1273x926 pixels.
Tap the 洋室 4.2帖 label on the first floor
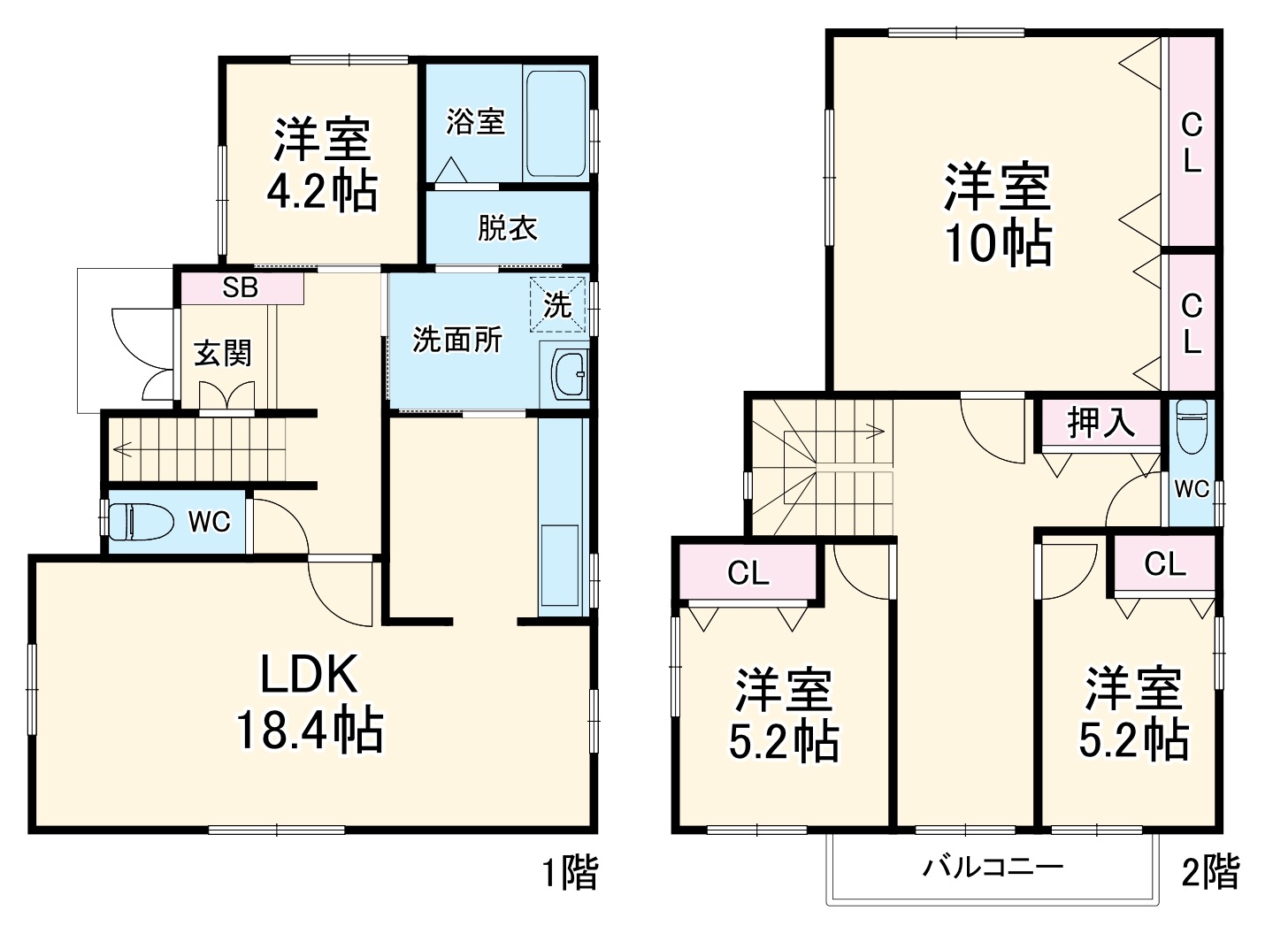322,165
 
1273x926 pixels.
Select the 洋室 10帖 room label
998,215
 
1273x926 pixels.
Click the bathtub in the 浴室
555,124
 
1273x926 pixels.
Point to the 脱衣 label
507,228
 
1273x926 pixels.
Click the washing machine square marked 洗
557,305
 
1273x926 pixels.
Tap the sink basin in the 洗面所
568,374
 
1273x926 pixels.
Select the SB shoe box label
241,288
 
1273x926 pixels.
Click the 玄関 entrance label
223,353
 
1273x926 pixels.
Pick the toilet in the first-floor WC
142,521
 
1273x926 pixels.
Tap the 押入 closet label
1100,423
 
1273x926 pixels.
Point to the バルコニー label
993,866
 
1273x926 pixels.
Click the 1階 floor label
569,873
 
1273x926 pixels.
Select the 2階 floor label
1210,872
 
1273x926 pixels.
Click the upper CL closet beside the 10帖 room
1192,143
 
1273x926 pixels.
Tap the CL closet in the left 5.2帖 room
748,574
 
